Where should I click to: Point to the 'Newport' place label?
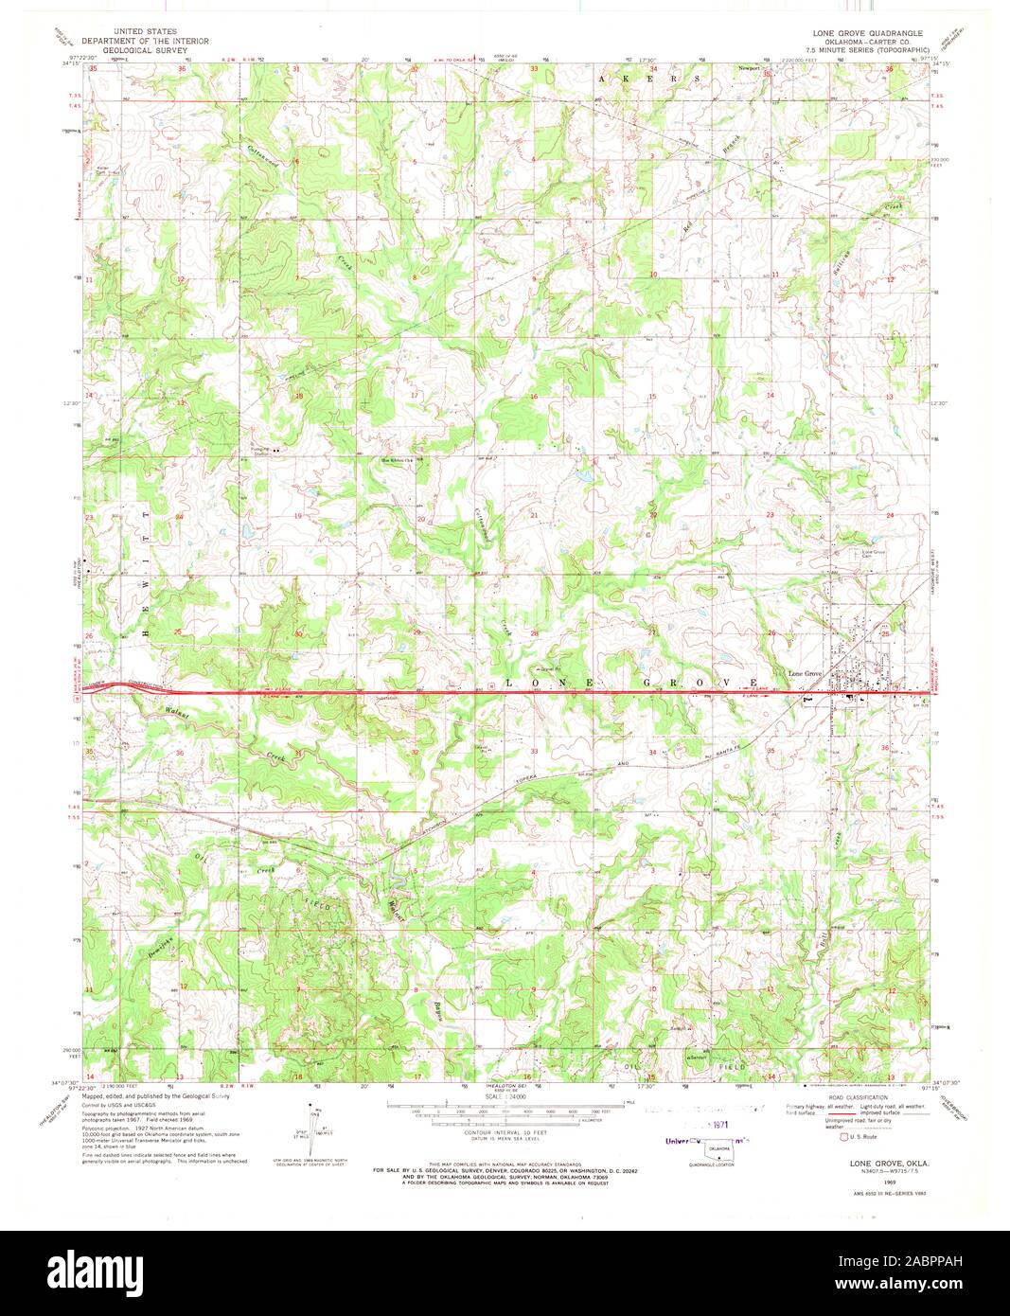pos(750,69)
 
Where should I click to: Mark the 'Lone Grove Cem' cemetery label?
pos(872,554)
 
